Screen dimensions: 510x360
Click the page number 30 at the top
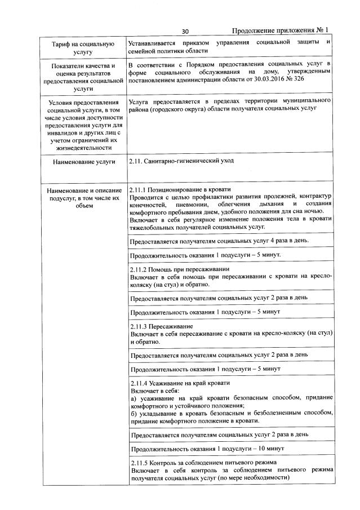[x=185, y=31]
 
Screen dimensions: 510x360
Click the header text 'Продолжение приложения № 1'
[x=280, y=30]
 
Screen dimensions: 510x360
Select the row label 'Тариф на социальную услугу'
[x=83, y=47]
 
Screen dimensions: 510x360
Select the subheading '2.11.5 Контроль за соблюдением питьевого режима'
[x=203, y=463]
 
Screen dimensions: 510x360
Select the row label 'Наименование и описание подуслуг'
[x=83, y=195]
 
